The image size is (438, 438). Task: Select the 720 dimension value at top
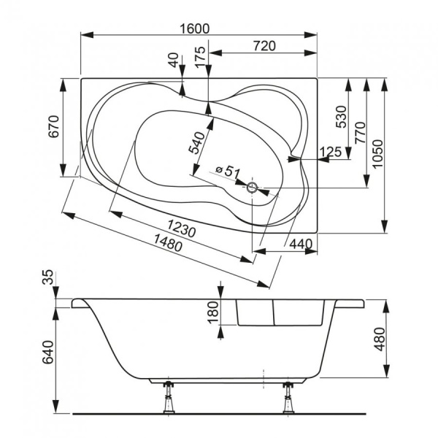click(264, 45)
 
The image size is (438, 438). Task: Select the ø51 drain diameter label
click(228, 172)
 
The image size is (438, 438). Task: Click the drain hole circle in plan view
click(252, 188)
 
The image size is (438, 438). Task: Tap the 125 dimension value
click(331, 151)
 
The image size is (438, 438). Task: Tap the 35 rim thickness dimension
click(47, 277)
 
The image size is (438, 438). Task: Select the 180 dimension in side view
click(212, 312)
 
